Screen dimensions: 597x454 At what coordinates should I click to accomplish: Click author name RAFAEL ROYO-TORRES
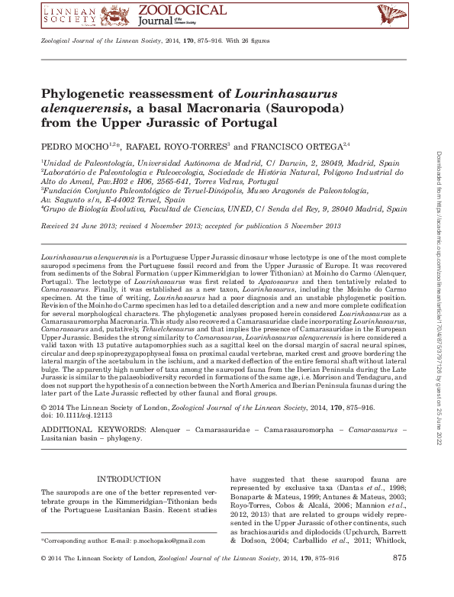(172, 145)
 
